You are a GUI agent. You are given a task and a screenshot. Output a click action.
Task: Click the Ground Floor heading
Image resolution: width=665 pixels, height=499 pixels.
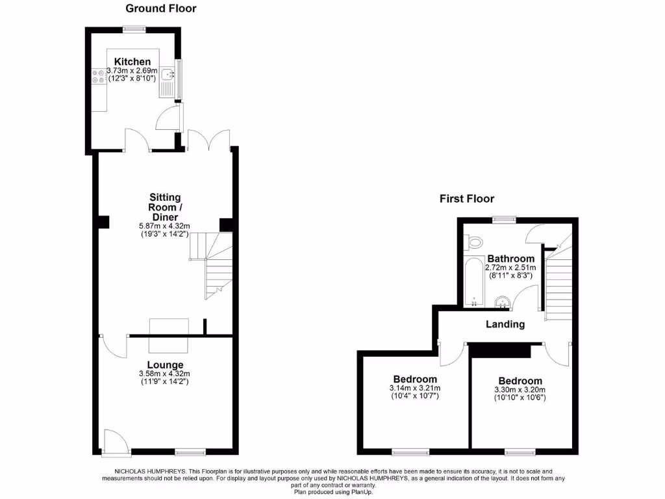(160, 8)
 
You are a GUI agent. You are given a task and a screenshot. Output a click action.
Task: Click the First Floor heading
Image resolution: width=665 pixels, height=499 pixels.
(466, 199)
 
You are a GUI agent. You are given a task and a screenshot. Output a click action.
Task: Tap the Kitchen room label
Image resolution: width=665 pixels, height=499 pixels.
(132, 62)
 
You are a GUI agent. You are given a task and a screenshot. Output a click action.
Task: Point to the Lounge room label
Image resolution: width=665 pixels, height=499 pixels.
(164, 365)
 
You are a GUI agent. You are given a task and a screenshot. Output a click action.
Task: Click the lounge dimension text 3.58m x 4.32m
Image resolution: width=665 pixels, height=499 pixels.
(164, 374)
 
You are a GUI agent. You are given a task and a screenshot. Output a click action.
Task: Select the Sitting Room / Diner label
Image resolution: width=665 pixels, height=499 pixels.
(165, 207)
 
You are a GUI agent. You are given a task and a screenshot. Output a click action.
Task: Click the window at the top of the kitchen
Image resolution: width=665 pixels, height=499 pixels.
(135, 28)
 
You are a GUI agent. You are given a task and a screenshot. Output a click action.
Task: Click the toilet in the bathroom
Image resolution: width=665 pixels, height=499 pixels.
(475, 242)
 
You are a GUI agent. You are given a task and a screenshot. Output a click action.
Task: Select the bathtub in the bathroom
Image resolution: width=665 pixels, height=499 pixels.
(474, 283)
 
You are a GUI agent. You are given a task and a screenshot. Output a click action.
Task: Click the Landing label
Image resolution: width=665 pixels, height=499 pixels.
(505, 324)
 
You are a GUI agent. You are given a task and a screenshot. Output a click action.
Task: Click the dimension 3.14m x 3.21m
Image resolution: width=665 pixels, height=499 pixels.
(415, 389)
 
